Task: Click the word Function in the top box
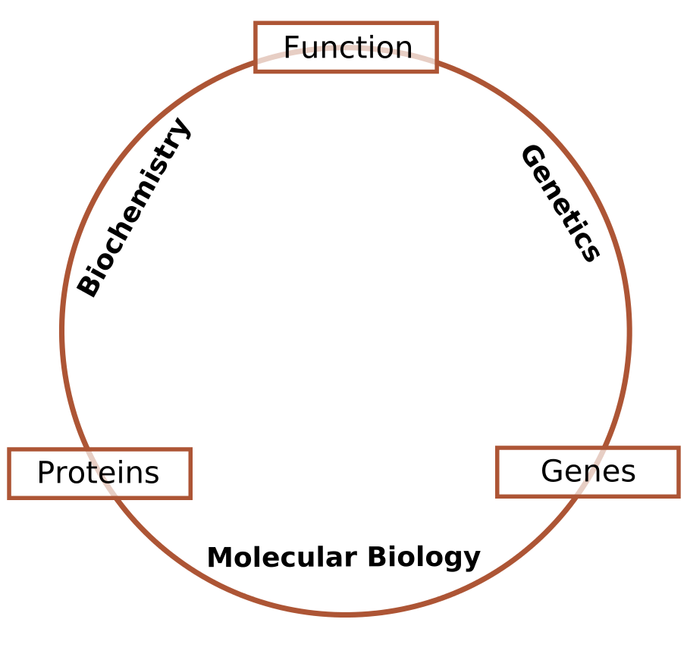[348, 47]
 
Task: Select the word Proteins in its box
[98, 473]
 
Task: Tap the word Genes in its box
[588, 471]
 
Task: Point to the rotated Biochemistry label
[133, 207]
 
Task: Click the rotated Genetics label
[560, 203]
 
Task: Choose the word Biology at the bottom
[424, 558]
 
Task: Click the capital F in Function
[292, 47]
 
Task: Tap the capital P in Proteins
[45, 473]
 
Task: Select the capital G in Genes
[551, 471]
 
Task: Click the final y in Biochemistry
[180, 128]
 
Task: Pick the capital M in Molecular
[219, 557]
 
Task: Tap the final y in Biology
[472, 561]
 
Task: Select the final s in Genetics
[590, 252]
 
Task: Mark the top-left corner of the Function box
[255, 22]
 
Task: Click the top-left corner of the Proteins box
[8, 449]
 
